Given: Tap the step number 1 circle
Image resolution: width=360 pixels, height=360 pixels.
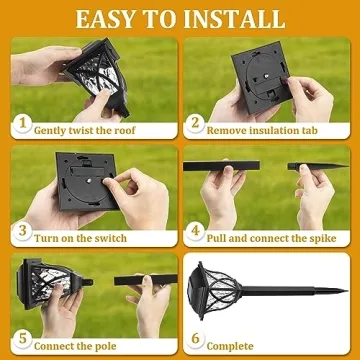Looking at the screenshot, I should [21, 127].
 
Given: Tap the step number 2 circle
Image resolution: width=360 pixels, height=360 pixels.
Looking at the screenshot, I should [197, 127].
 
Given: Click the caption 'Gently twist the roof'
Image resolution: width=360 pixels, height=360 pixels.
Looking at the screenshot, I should [92, 129].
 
